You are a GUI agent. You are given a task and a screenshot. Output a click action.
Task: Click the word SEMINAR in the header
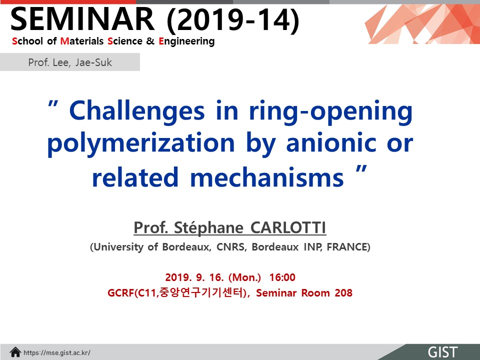[x=82, y=19]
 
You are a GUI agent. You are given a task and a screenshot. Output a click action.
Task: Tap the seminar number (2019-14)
[x=233, y=20]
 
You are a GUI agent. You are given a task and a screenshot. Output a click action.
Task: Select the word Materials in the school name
[x=82, y=41]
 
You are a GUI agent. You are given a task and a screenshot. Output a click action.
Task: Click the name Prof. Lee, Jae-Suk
[x=70, y=62]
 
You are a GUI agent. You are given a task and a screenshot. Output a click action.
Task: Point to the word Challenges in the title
[x=137, y=111]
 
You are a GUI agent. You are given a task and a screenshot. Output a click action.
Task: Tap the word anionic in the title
[x=331, y=142]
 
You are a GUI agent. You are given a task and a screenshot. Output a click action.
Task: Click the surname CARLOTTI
[x=288, y=228]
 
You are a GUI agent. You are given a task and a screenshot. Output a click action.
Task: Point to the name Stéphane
[x=208, y=228]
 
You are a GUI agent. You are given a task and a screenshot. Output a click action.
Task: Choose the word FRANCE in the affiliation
[x=347, y=246]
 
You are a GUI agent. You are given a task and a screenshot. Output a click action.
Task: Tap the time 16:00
[x=282, y=277]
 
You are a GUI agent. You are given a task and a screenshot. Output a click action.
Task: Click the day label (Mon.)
[x=244, y=277]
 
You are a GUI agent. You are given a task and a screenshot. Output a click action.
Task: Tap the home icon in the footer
[x=15, y=352]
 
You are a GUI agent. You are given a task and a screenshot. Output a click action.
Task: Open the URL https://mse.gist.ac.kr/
[x=57, y=353]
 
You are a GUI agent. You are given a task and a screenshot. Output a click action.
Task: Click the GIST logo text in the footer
[x=442, y=352]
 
